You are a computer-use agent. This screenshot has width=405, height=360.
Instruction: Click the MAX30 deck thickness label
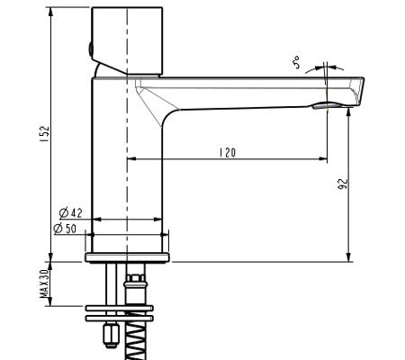(x=42, y=285)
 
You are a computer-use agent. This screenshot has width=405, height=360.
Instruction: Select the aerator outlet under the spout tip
(x=325, y=106)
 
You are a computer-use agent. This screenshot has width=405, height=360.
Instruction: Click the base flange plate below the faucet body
(x=129, y=259)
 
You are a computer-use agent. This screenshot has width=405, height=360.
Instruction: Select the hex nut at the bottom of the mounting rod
(x=109, y=335)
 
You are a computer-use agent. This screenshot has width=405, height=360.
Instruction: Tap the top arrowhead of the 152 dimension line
(x=51, y=12)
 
